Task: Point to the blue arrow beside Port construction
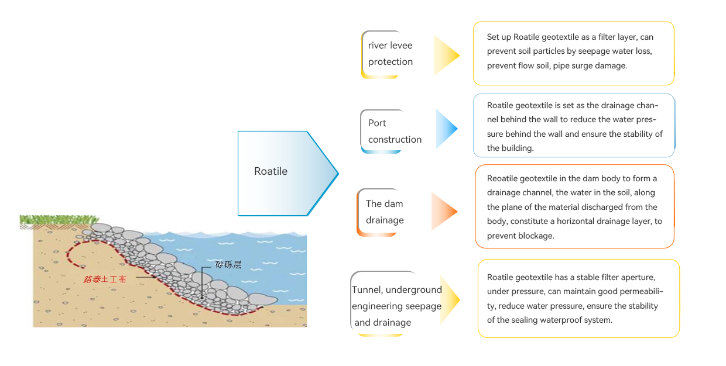(x=446, y=129)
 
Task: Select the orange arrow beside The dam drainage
(x=443, y=211)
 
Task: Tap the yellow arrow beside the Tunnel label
(x=449, y=300)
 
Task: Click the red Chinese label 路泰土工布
(x=105, y=279)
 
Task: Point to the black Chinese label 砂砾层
(x=228, y=265)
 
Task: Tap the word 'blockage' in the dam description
(x=536, y=236)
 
